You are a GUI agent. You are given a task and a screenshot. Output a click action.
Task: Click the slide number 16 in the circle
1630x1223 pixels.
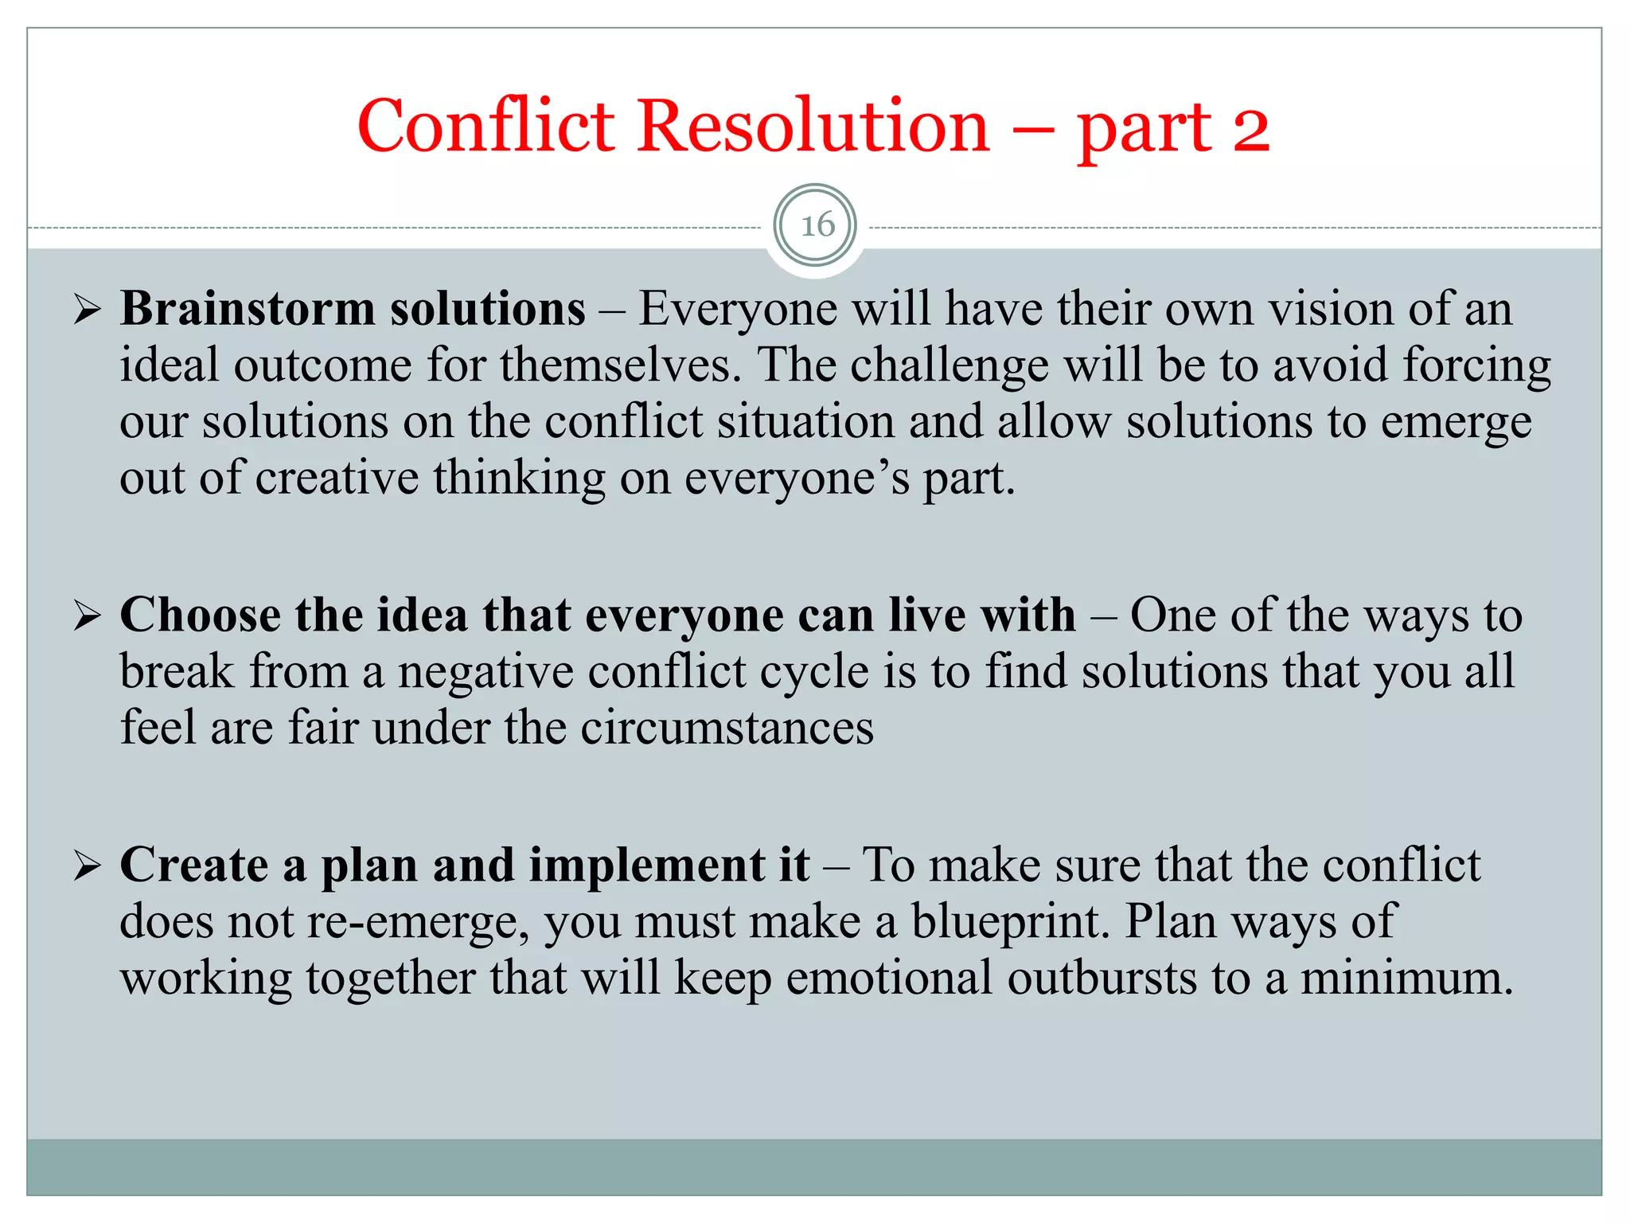click(x=816, y=226)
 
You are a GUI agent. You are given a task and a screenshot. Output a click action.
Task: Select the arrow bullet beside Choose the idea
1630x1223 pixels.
click(x=87, y=615)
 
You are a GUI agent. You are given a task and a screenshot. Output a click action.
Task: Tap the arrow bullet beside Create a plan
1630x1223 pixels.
click(x=87, y=865)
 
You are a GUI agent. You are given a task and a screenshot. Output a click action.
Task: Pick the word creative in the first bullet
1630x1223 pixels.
click(x=337, y=479)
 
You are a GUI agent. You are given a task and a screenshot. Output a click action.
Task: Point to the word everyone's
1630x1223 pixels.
click(x=797, y=479)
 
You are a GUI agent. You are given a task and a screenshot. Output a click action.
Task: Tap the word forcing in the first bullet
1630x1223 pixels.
click(x=1476, y=366)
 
